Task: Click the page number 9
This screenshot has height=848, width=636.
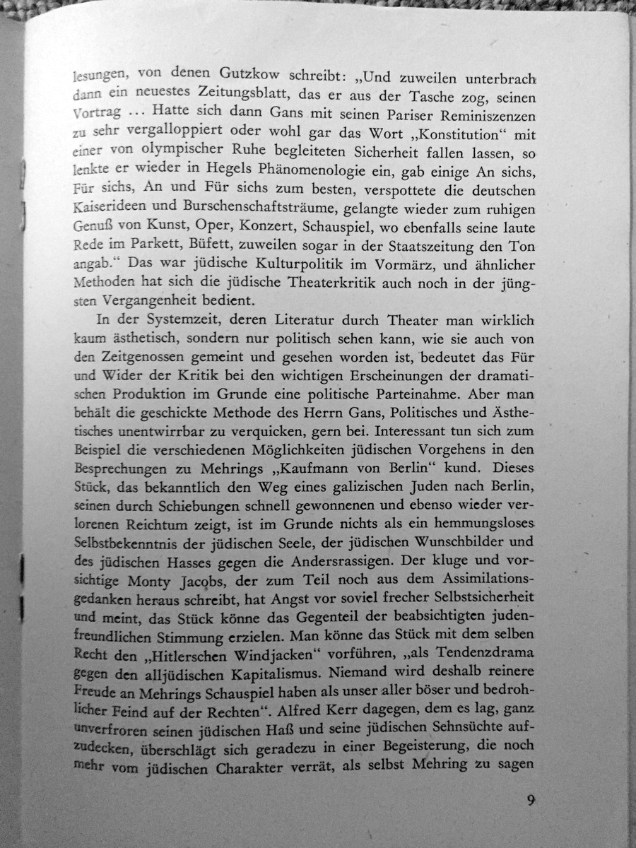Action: coord(531,801)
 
